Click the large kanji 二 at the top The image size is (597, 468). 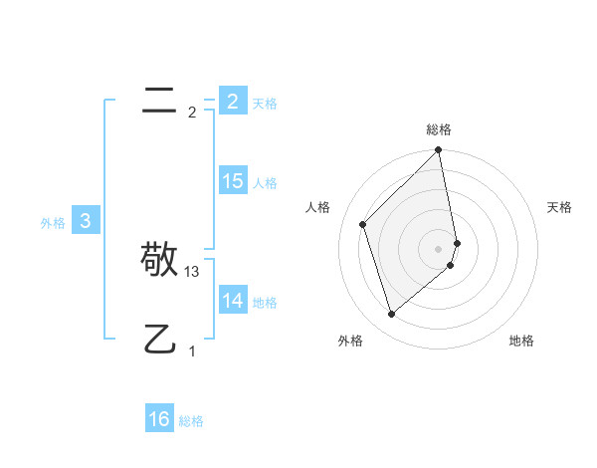pos(159,99)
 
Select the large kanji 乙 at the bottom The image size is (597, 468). pos(159,340)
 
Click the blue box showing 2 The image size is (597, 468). pos(233,101)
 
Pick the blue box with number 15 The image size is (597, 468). pos(233,181)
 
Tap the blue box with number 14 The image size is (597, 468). pos(233,301)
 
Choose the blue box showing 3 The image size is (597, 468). pos(86,221)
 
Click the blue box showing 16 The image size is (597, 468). pos(159,419)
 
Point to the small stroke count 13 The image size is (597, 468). pos(192,271)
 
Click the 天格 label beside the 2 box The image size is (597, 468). pos(265,104)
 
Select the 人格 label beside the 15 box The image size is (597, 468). pos(265,183)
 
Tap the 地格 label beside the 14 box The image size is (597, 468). pos(265,303)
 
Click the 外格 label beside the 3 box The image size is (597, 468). pos(53,223)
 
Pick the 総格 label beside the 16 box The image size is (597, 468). pos(191,421)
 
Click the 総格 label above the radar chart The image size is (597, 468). pos(439,129)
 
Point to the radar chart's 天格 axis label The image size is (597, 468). pos(560,207)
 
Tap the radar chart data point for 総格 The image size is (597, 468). pos(439,151)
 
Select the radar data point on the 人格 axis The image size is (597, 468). pos(363,224)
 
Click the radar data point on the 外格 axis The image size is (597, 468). pos(391,315)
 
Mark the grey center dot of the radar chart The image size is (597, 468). pos(439,249)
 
